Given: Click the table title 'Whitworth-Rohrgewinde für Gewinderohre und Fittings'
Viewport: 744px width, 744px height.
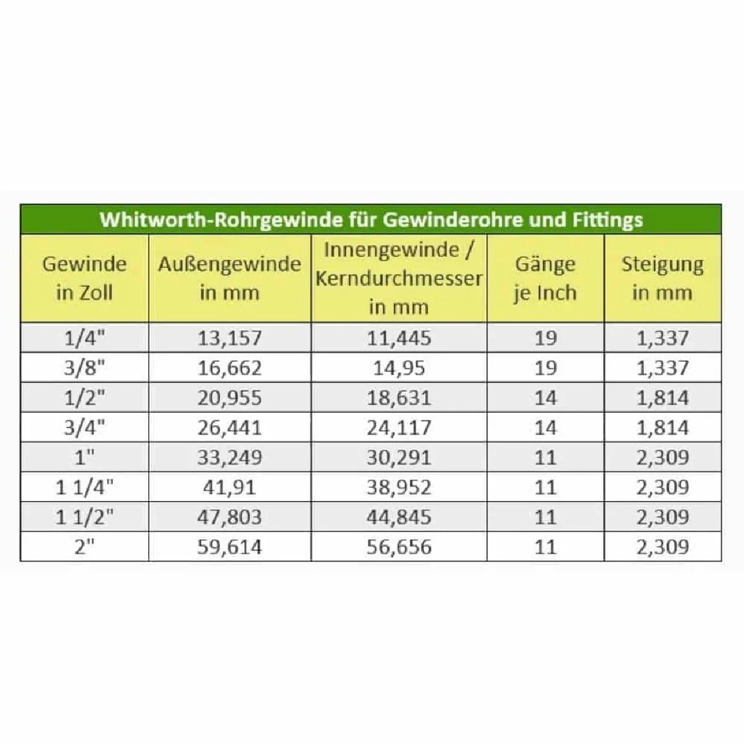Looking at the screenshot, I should point(371,219).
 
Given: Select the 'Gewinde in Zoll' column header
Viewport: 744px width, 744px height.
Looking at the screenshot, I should point(84,278).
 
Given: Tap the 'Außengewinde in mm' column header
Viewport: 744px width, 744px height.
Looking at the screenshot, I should point(229,278).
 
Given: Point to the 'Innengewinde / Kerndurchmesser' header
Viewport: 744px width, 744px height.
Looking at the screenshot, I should point(399,278).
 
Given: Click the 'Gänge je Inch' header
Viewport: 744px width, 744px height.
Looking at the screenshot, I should point(545,278).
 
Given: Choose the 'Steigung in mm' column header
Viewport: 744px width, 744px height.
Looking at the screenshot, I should point(662,278).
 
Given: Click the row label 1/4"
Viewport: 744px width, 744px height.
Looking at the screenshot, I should point(84,338).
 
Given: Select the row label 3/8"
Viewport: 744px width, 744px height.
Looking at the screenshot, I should point(84,368).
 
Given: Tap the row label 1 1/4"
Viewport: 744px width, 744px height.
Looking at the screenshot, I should point(84,487).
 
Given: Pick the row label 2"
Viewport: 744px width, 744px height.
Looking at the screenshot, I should point(84,547).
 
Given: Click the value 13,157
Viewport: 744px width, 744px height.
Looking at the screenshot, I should point(229,338).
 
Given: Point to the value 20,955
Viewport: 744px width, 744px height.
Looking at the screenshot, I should point(229,397).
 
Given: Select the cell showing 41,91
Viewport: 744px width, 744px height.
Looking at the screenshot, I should point(229,487).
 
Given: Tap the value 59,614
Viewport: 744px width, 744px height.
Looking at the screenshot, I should point(229,547).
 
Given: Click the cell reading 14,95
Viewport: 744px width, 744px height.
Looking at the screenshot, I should point(399,368).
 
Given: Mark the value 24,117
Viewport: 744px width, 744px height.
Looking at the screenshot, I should point(399,427).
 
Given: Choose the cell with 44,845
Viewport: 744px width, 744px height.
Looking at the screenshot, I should point(399,517).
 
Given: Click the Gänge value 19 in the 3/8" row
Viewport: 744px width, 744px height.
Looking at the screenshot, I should point(545,368).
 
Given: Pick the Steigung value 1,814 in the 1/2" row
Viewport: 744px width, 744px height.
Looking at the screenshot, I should point(662,397).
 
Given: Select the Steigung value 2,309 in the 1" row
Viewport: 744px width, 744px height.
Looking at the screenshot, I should point(662,458).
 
